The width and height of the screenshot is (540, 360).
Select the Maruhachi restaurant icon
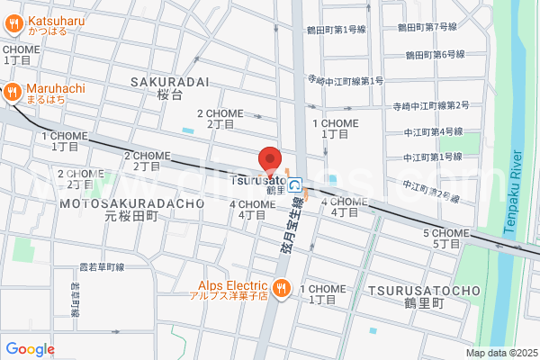pos(13,90)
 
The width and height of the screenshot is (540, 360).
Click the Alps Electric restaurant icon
pos(281,287)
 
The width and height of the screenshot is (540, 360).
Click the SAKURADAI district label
pos(170,81)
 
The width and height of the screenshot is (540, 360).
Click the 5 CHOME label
pos(446,233)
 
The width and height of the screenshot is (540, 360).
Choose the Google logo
pos(30,349)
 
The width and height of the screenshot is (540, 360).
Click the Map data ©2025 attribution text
pos(500,353)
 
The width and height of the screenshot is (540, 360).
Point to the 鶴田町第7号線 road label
pos(428,27)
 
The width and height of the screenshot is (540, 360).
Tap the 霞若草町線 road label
pos(101,267)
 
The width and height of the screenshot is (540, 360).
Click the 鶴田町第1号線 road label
pos(336,30)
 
